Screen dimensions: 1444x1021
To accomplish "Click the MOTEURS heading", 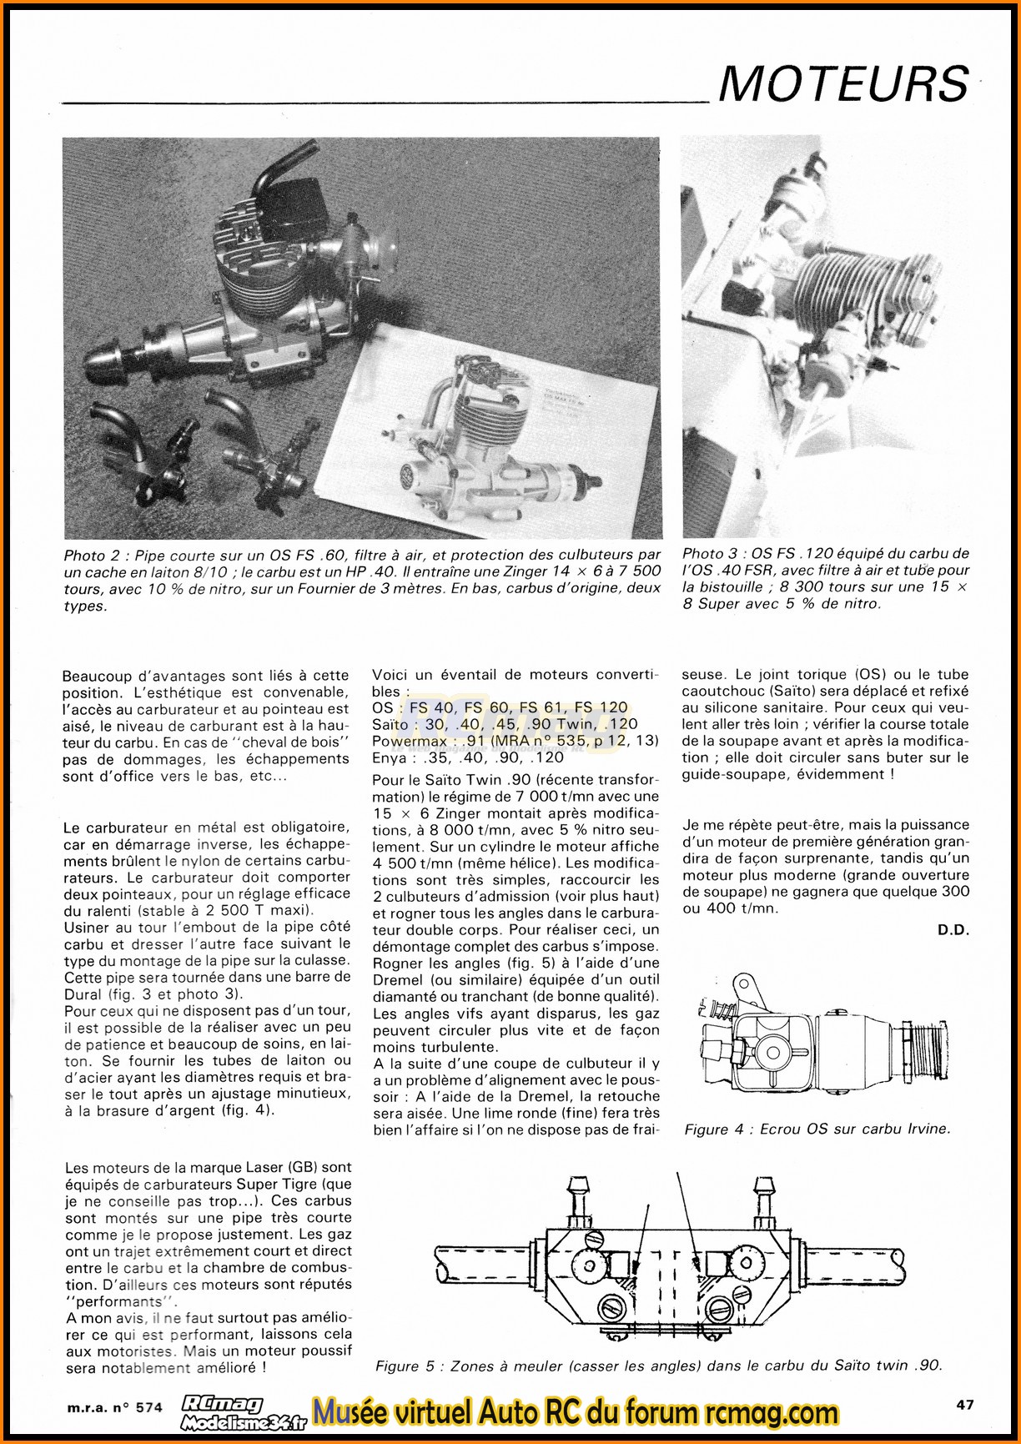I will coord(843,83).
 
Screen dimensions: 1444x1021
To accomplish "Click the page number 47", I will coord(964,1405).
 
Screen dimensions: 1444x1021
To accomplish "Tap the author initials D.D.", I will coord(953,929).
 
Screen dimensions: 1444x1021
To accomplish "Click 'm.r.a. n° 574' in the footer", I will coord(114,1406).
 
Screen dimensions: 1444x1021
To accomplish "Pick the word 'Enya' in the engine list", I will coord(390,757).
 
